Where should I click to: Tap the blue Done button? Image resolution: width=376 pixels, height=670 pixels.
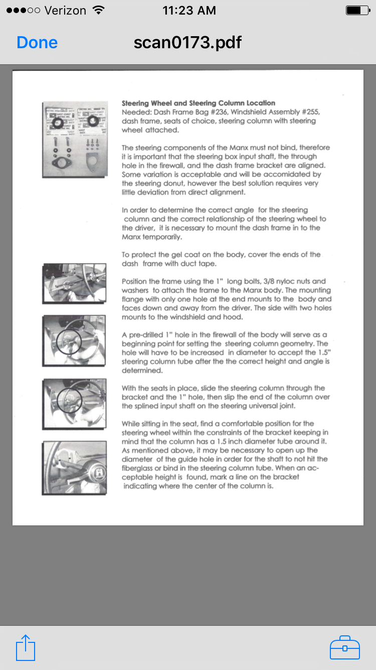pyautogui.click(x=37, y=43)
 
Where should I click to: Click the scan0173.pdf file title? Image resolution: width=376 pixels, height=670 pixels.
pyautogui.click(x=187, y=43)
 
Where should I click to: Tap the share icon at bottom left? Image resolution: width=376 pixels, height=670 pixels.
pyautogui.click(x=26, y=648)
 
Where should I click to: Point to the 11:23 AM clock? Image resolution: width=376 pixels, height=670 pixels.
pyautogui.click(x=189, y=10)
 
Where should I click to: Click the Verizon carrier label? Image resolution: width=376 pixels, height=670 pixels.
pyautogui.click(x=65, y=10)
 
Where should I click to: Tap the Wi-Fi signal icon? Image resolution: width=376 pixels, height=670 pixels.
pyautogui.click(x=99, y=10)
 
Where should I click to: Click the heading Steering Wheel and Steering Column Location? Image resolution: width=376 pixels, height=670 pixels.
pyautogui.click(x=199, y=103)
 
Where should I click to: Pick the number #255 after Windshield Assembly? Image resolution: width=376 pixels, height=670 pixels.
pyautogui.click(x=310, y=112)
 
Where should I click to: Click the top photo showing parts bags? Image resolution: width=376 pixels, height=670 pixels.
pyautogui.click(x=75, y=140)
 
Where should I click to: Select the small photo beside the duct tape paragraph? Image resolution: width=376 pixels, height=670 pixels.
pyautogui.click(x=74, y=283)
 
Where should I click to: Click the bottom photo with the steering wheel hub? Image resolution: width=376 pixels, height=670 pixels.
pyautogui.click(x=74, y=468)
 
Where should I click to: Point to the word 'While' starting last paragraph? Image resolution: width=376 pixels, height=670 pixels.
pyautogui.click(x=131, y=423)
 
